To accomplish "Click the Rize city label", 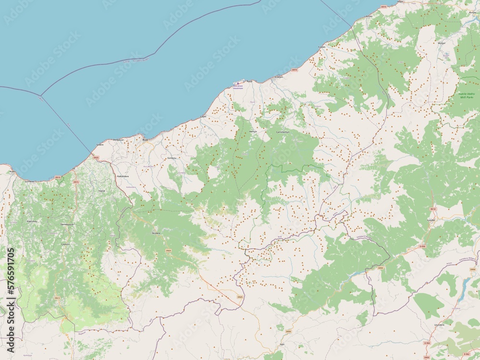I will [x=145, y=140].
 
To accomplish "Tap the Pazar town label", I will [x=249, y=82].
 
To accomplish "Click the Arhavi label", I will [x=369, y=16].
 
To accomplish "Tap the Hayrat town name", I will [x=101, y=191].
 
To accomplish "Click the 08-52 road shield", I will [x=433, y=209].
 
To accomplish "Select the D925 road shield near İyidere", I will [x=96, y=157].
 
